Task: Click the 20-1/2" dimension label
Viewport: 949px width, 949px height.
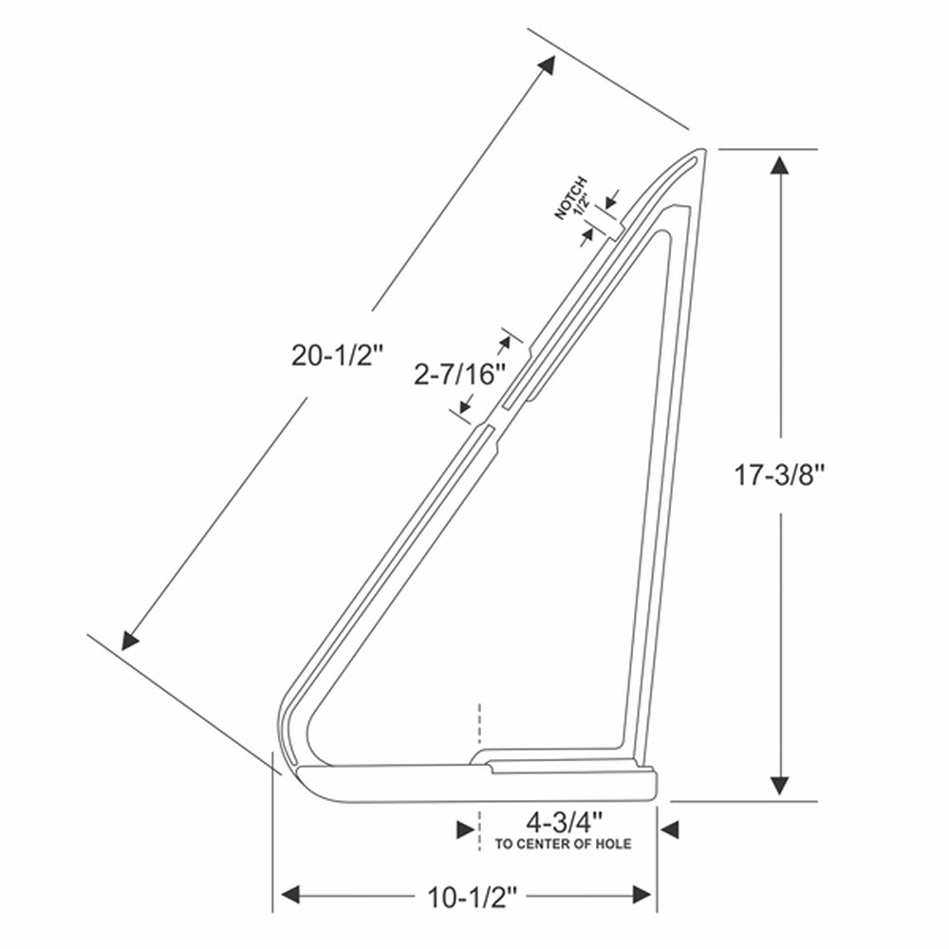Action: click(x=337, y=355)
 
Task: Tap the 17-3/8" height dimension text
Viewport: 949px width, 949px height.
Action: click(x=779, y=474)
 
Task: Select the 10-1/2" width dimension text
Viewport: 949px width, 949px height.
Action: click(x=473, y=898)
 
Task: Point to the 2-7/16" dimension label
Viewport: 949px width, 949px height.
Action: click(x=459, y=375)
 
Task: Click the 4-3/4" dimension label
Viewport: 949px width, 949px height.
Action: click(x=565, y=823)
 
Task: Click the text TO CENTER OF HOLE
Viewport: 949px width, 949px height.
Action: click(x=563, y=844)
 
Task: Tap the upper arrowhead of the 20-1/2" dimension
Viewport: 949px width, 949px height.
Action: click(x=548, y=65)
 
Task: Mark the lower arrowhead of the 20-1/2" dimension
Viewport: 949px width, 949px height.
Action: click(x=129, y=641)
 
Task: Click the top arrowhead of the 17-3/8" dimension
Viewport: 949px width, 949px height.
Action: click(x=779, y=165)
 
